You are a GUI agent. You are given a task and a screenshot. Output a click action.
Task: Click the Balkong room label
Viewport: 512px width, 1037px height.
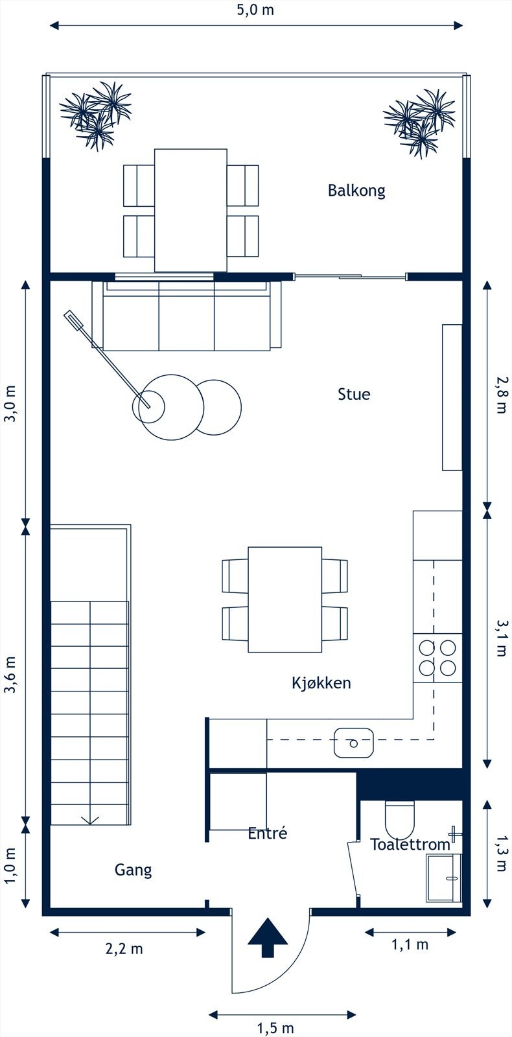coord(356,191)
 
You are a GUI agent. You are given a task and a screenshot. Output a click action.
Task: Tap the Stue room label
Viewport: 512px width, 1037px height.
coord(354,394)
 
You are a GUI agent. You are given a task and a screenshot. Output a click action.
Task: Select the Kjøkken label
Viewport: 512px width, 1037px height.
coord(321,682)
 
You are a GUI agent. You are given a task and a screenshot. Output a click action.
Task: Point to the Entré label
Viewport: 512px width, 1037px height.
coord(267,833)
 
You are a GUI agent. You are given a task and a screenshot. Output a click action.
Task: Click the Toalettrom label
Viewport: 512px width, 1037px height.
coord(410,845)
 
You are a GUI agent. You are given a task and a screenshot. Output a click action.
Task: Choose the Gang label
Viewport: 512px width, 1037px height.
coord(134,870)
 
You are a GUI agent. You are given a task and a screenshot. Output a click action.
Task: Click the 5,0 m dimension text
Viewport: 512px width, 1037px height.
coord(256,10)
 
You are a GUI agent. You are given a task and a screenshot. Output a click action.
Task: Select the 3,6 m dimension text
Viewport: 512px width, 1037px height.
coord(10,675)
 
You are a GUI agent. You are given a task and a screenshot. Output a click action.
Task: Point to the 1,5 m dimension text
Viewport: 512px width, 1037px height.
coord(275,1028)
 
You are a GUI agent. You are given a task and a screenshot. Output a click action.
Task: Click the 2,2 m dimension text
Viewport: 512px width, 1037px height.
coord(124,949)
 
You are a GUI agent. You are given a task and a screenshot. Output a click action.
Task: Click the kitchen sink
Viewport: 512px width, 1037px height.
coord(354,743)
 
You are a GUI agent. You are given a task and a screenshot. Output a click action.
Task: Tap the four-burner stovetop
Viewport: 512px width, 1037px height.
coord(438,657)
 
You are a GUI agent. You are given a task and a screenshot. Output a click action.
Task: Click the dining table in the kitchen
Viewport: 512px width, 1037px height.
coord(285,600)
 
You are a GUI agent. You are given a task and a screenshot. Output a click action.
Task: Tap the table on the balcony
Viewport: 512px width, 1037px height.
coord(191,210)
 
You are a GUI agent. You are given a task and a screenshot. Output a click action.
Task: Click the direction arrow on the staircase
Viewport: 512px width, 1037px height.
coord(90,819)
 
